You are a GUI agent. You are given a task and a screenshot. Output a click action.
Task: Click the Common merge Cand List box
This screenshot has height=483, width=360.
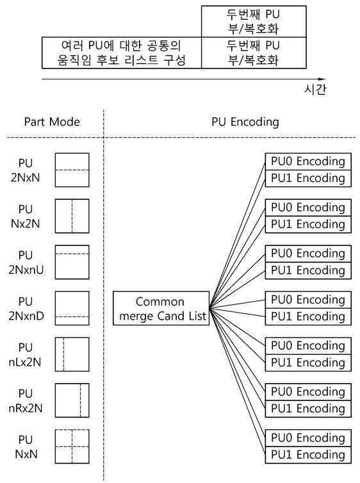(161, 308)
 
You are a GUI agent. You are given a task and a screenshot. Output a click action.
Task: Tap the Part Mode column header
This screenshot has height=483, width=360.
(52, 122)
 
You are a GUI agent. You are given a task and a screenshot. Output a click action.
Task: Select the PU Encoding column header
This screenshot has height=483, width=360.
(245, 122)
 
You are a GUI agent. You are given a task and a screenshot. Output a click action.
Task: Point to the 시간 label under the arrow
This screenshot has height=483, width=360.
(315, 90)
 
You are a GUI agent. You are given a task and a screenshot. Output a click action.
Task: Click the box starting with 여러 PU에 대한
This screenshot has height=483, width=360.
(122, 53)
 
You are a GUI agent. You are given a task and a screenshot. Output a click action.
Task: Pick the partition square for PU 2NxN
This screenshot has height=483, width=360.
(72, 170)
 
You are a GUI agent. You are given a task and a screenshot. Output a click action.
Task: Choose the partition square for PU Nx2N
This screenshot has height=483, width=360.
(72, 216)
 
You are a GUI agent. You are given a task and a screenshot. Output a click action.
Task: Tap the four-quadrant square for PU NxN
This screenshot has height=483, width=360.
(72, 446)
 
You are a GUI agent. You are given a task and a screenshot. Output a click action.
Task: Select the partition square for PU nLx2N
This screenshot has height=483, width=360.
(72, 354)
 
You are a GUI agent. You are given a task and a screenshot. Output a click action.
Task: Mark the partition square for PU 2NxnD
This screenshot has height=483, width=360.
(72, 308)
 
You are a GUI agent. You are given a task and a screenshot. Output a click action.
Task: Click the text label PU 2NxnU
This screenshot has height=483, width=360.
(26, 262)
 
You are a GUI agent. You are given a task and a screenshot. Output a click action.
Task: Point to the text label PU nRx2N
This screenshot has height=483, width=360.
(26, 400)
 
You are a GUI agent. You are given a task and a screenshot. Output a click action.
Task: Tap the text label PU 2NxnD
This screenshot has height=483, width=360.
(26, 308)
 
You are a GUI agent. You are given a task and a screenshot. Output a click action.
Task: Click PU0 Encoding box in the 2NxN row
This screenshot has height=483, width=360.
(308, 161)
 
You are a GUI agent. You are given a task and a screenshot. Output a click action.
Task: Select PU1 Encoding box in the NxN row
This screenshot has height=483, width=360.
(308, 455)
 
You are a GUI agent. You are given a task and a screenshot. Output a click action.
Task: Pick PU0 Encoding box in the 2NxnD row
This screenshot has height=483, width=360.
(308, 300)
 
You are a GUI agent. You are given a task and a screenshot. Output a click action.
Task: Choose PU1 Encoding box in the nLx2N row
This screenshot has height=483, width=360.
(308, 363)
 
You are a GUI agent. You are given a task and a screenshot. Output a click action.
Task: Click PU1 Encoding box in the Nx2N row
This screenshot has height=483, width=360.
(308, 225)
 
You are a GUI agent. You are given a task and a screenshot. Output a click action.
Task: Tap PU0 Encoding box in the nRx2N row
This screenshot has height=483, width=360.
(308, 392)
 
